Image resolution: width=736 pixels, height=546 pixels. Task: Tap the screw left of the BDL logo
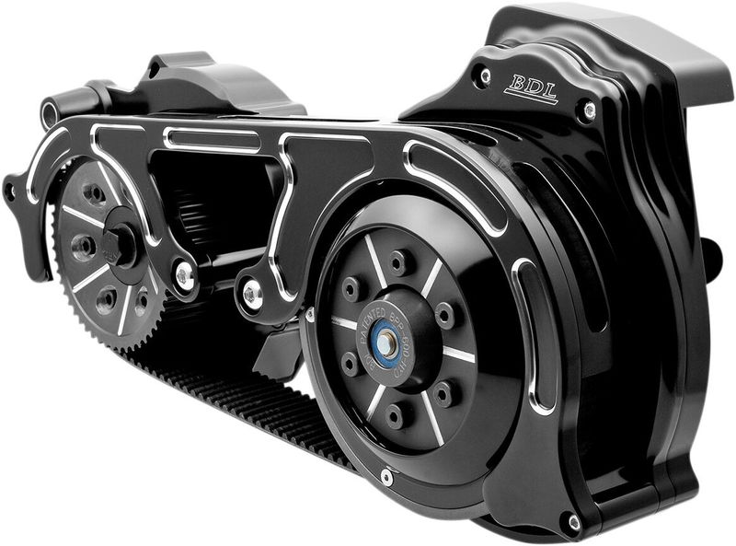coord(485,76)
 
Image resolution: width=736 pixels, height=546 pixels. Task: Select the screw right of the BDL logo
coord(589,111)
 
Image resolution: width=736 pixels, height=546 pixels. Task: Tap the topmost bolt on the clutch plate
coord(397,262)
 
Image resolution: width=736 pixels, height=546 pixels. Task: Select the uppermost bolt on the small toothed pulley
coord(96,194)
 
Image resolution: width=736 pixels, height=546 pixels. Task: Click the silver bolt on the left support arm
coord(186,273)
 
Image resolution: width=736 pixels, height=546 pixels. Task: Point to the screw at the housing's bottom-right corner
coord(574,522)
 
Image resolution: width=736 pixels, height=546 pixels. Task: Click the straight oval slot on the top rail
coord(211,139)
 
